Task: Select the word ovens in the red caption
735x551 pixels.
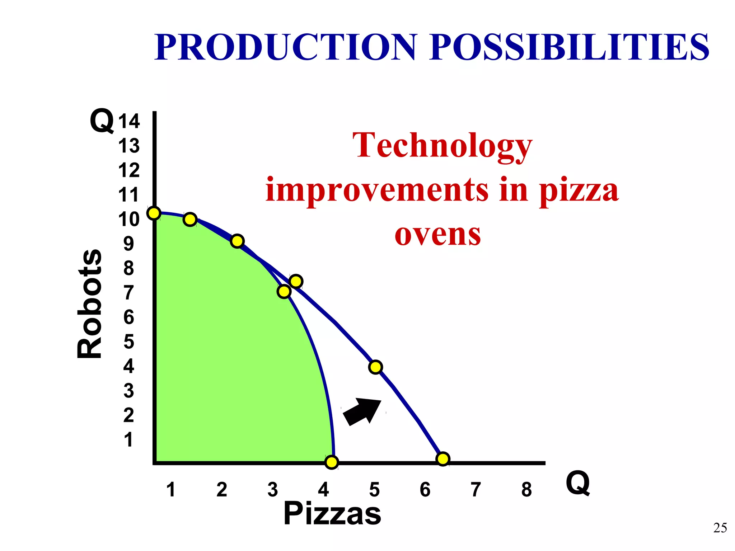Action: click(x=437, y=235)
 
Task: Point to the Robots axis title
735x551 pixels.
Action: click(x=90, y=303)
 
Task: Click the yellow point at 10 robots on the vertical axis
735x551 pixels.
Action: click(x=154, y=213)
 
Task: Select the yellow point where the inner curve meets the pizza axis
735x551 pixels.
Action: click(x=332, y=462)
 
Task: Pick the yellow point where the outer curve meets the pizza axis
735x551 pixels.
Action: click(x=443, y=459)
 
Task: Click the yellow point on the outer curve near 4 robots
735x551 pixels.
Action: click(x=375, y=367)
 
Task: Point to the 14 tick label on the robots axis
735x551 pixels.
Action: click(x=129, y=121)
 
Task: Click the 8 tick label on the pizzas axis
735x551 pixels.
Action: click(x=526, y=490)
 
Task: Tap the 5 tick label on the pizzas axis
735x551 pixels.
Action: click(x=374, y=490)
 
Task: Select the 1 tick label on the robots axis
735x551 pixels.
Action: click(x=128, y=440)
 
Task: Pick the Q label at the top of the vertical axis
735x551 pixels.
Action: click(x=102, y=121)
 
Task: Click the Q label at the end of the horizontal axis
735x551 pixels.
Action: click(x=578, y=483)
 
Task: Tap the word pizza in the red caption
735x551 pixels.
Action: click(x=579, y=190)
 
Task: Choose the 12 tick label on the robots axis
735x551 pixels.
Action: click(x=129, y=170)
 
